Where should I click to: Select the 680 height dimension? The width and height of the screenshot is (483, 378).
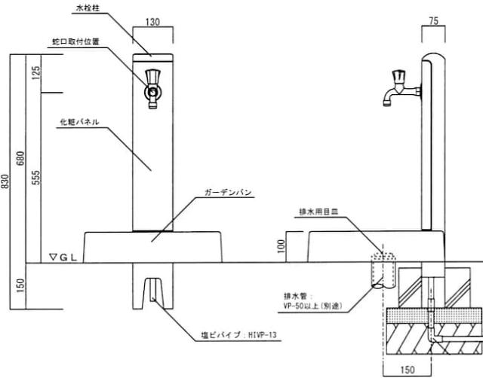tap(21, 158)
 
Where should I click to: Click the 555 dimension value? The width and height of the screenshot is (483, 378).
tap(36, 178)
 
